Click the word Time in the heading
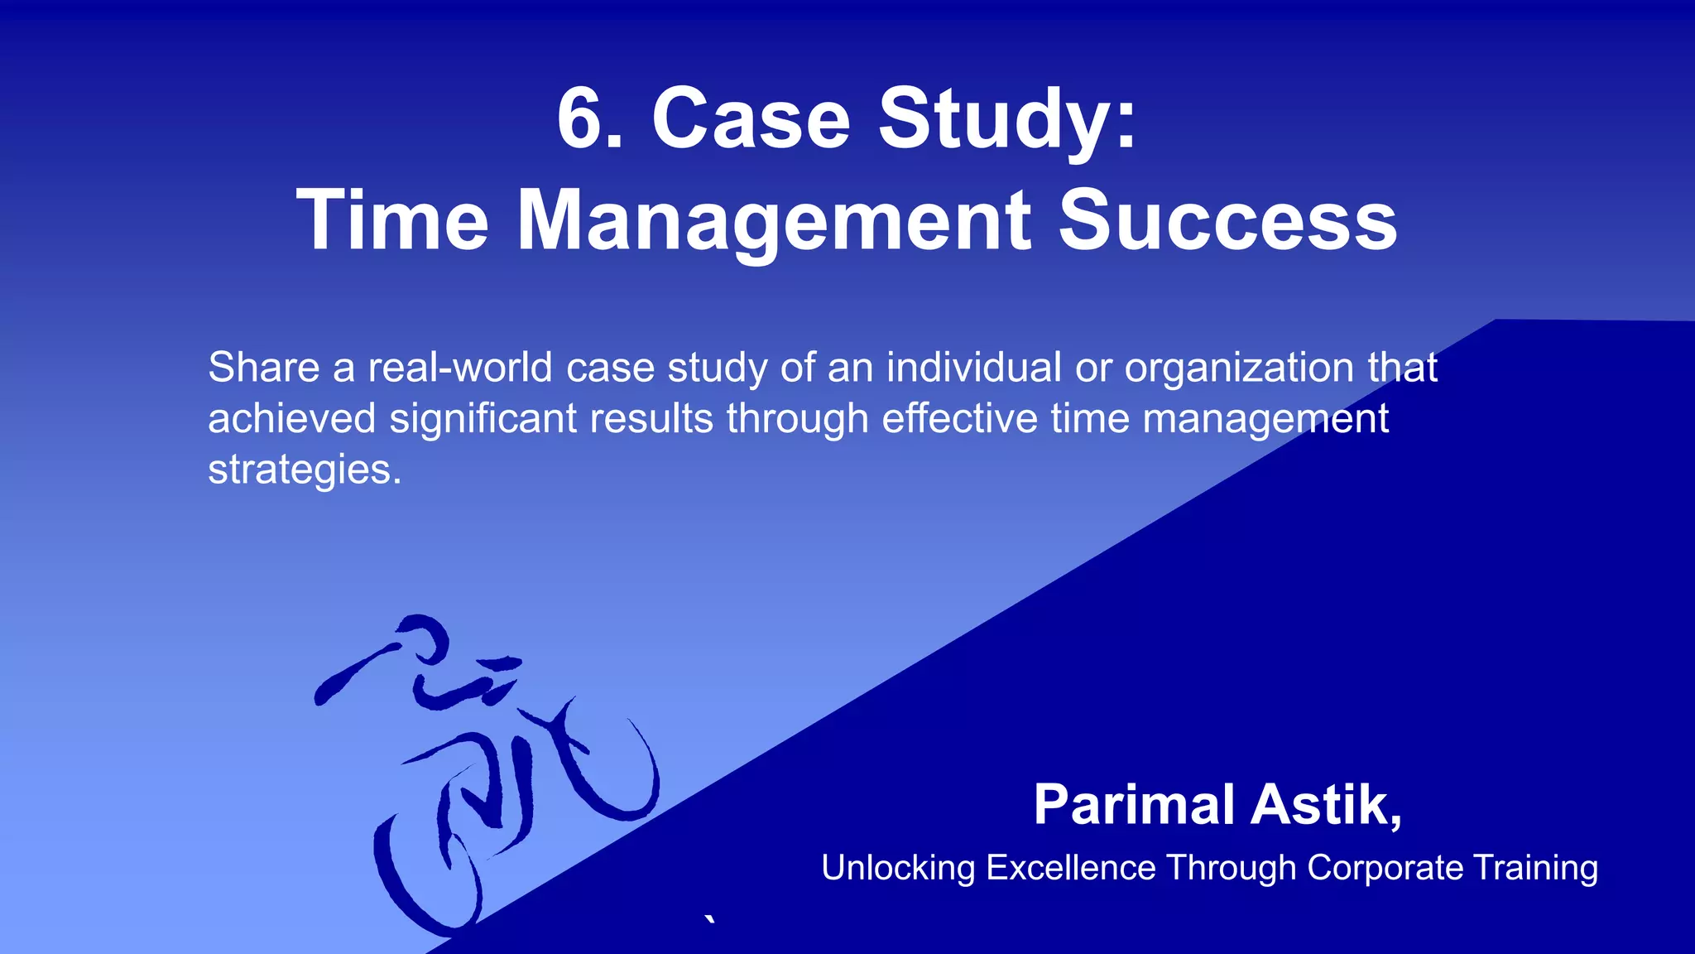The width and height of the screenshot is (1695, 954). click(x=393, y=221)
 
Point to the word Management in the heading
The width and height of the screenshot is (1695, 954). click(x=774, y=221)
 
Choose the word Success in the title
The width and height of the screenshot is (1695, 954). click(x=1228, y=221)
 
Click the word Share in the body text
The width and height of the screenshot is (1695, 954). click(x=263, y=367)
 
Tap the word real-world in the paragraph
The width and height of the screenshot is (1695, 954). click(x=459, y=367)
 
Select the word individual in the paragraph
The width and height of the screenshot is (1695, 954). click(x=973, y=367)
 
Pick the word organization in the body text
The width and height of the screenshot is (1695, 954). click(x=1238, y=369)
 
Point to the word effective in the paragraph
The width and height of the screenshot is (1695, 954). click(x=959, y=418)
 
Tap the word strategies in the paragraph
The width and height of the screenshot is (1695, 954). click(x=304, y=470)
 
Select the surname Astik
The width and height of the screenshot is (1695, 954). click(x=1326, y=805)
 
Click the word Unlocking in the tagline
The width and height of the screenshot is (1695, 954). click(x=898, y=869)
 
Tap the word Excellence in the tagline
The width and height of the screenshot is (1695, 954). click(x=1071, y=868)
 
